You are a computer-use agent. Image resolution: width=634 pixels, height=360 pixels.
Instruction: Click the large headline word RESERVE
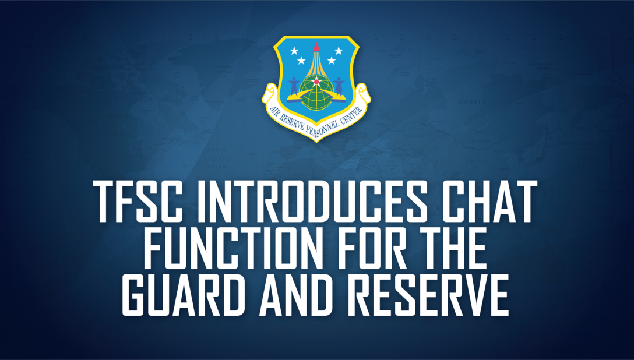point(432,297)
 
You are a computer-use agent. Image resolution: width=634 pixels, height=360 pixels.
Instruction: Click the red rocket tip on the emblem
point(316,46)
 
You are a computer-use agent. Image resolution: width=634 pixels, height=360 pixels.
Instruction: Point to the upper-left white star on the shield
point(294,51)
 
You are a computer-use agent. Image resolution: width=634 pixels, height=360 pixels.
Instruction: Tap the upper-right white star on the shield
point(339,51)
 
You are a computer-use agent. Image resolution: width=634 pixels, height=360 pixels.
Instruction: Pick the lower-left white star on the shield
point(301,60)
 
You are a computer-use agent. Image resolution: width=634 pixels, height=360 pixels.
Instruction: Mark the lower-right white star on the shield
point(331,60)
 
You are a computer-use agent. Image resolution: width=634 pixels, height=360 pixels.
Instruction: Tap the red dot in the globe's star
point(316,82)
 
